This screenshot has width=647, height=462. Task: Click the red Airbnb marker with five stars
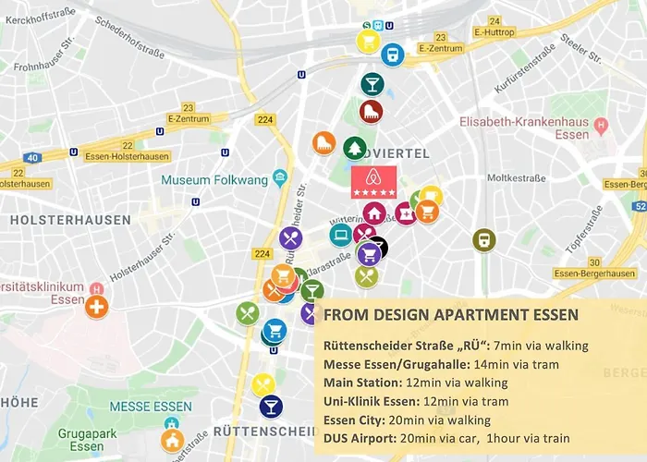click(373, 182)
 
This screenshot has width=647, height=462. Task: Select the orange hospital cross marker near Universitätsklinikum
click(97, 306)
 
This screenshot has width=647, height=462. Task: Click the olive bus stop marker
click(483, 240)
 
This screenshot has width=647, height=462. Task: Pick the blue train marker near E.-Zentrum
click(392, 55)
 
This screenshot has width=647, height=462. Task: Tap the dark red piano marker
click(371, 113)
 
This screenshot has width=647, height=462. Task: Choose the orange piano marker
click(323, 143)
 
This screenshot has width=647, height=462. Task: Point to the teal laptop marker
click(340, 234)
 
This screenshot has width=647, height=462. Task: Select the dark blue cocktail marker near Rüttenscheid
click(271, 406)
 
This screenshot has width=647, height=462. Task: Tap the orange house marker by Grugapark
click(172, 440)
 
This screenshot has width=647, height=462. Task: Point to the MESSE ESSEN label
click(151, 407)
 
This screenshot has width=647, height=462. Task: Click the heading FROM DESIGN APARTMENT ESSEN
click(451, 315)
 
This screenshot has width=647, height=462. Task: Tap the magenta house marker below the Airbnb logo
click(374, 213)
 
